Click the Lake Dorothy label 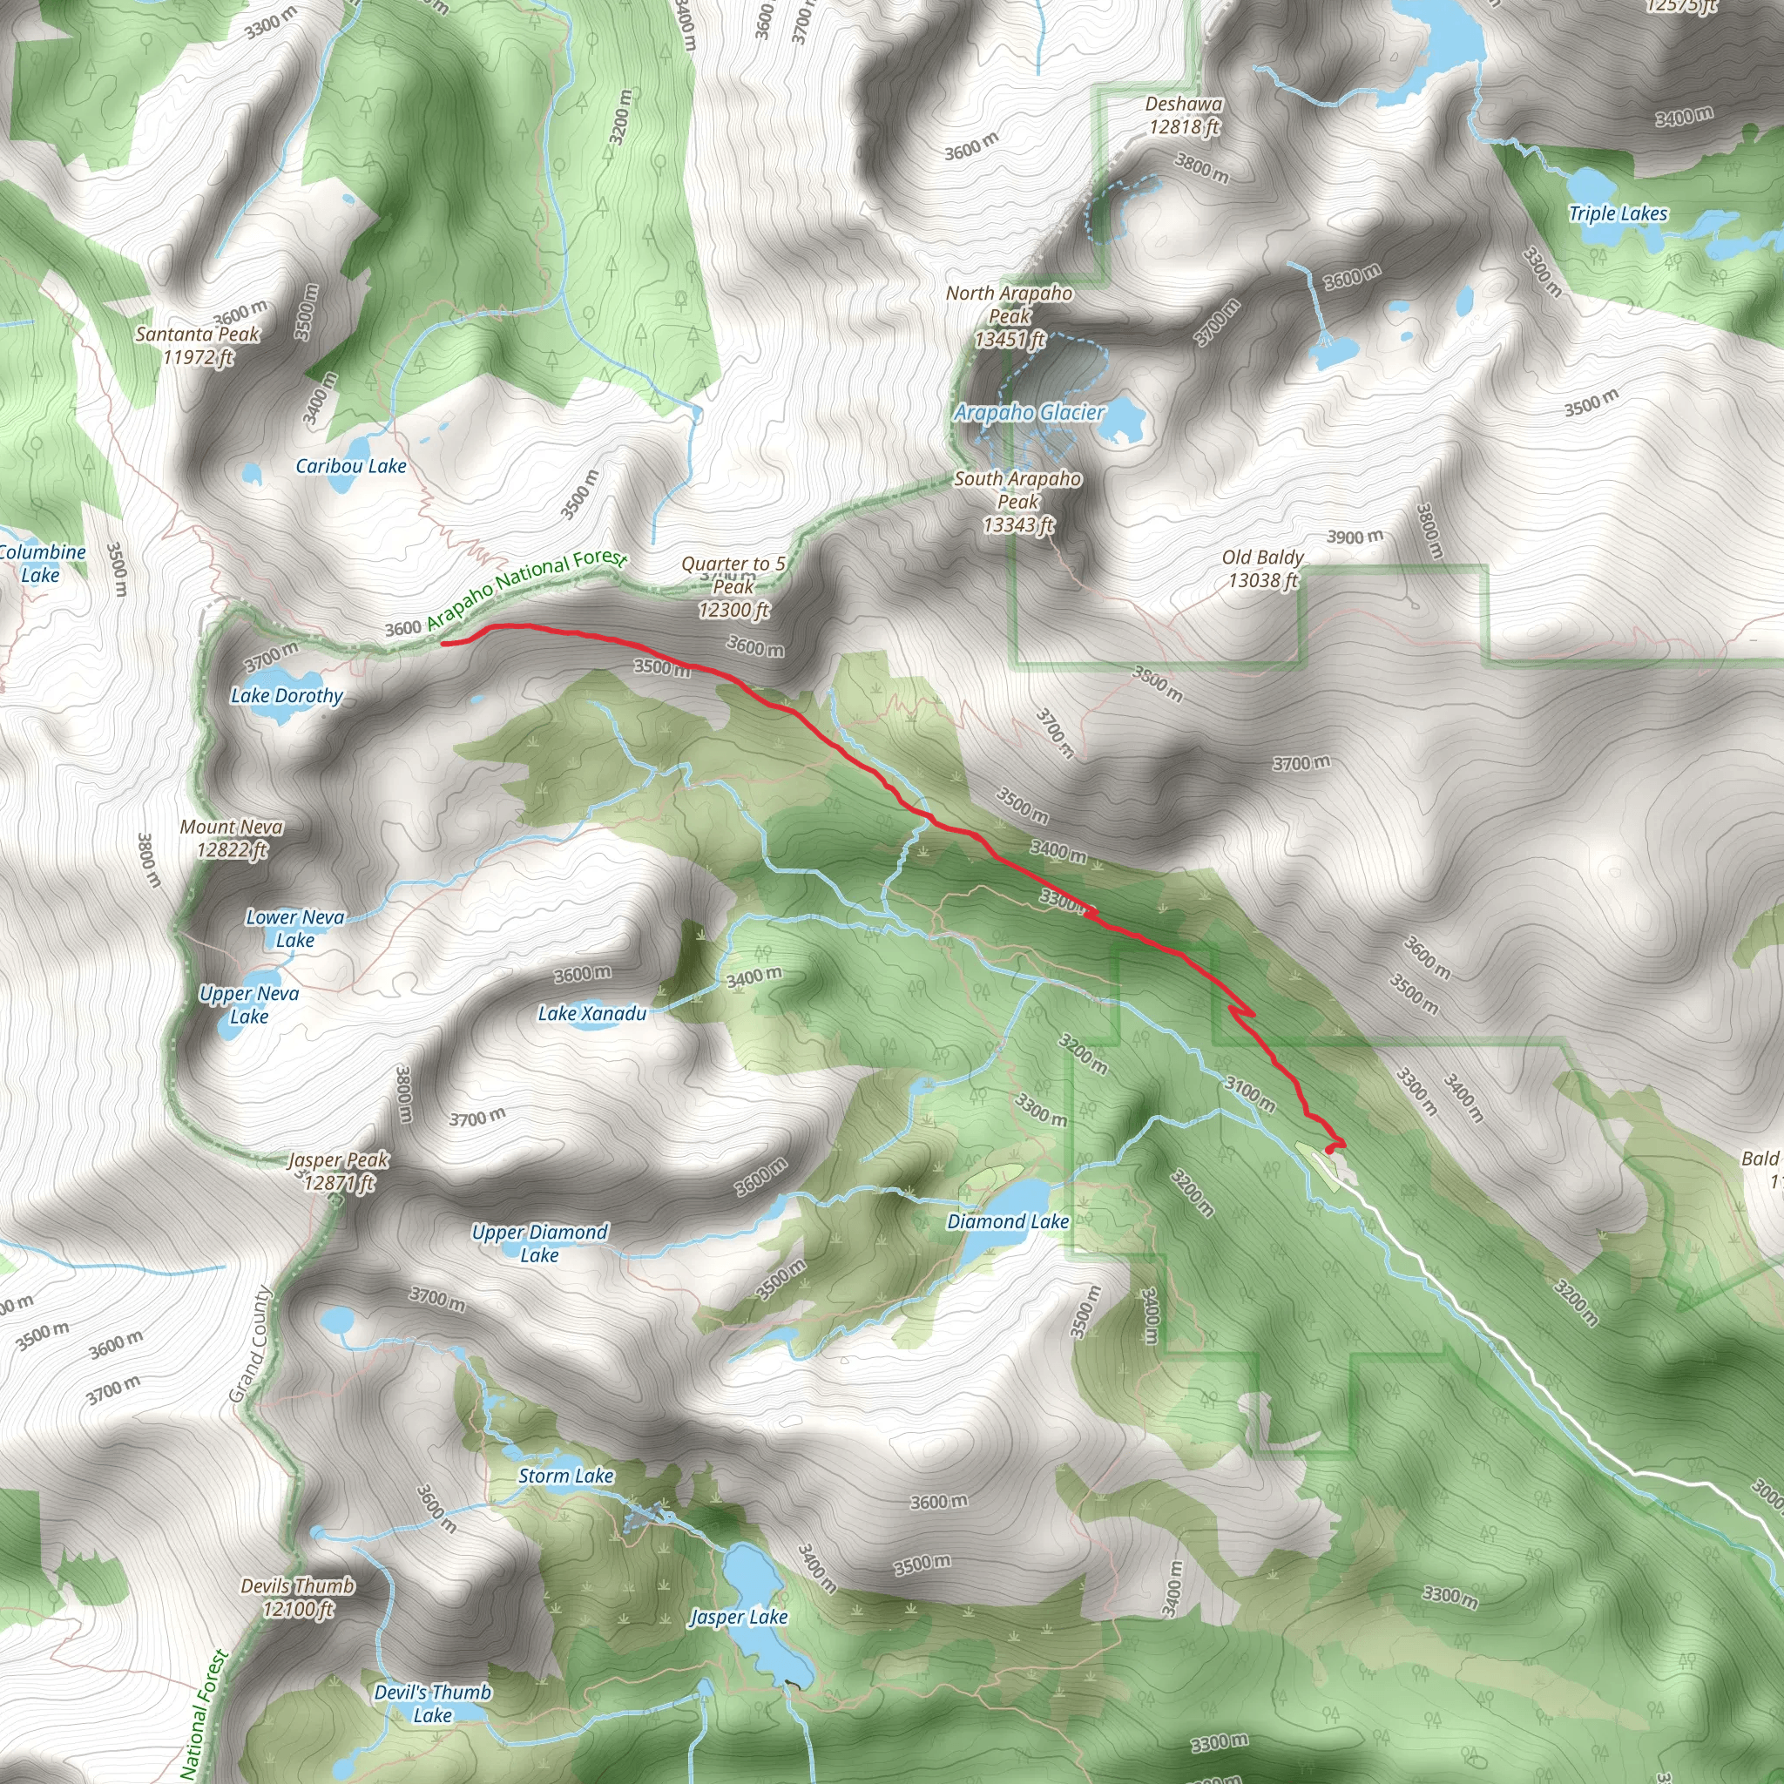pyautogui.click(x=287, y=695)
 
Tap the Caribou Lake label pyautogui.click(x=351, y=466)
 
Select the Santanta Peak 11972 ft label pyautogui.click(x=198, y=345)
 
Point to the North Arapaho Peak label pyautogui.click(x=1010, y=316)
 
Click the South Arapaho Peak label pyautogui.click(x=1017, y=502)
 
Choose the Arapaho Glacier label pyautogui.click(x=1029, y=413)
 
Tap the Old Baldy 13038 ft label pyautogui.click(x=1262, y=569)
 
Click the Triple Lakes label pyautogui.click(x=1618, y=214)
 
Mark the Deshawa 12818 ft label pyautogui.click(x=1184, y=116)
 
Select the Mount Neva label pyautogui.click(x=232, y=837)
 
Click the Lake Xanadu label pyautogui.click(x=591, y=1014)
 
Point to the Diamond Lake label pyautogui.click(x=1008, y=1221)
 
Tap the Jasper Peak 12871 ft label pyautogui.click(x=339, y=1171)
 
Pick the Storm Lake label pyautogui.click(x=565, y=1476)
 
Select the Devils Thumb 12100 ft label pyautogui.click(x=297, y=1598)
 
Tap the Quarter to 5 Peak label pyautogui.click(x=733, y=586)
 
